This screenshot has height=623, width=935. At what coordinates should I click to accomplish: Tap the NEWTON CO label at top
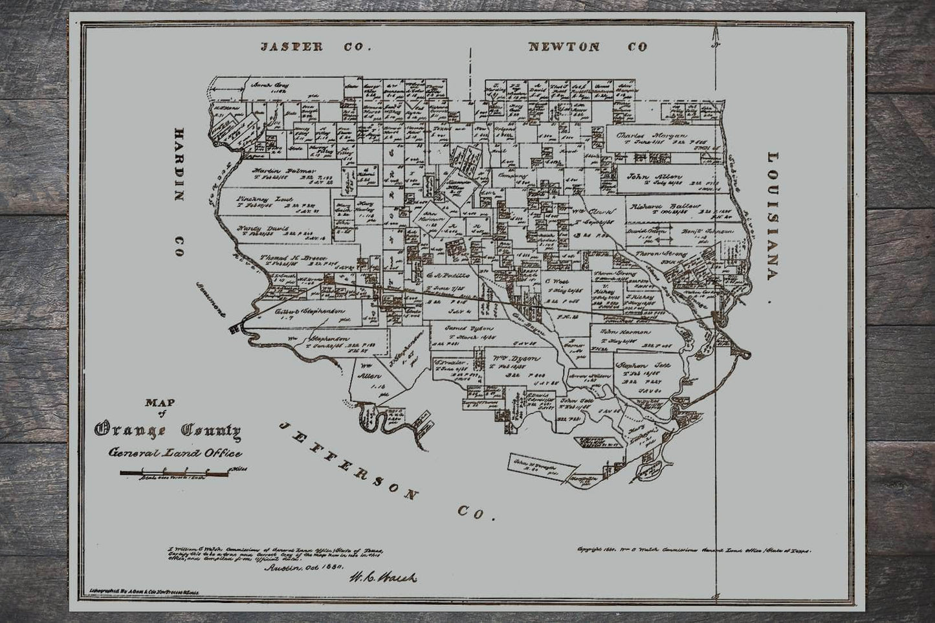click(588, 47)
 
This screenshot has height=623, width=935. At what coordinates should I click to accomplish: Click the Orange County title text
click(168, 430)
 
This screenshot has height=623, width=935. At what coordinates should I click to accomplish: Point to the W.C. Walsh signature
click(383, 576)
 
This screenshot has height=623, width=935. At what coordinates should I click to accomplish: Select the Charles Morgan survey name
click(650, 137)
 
